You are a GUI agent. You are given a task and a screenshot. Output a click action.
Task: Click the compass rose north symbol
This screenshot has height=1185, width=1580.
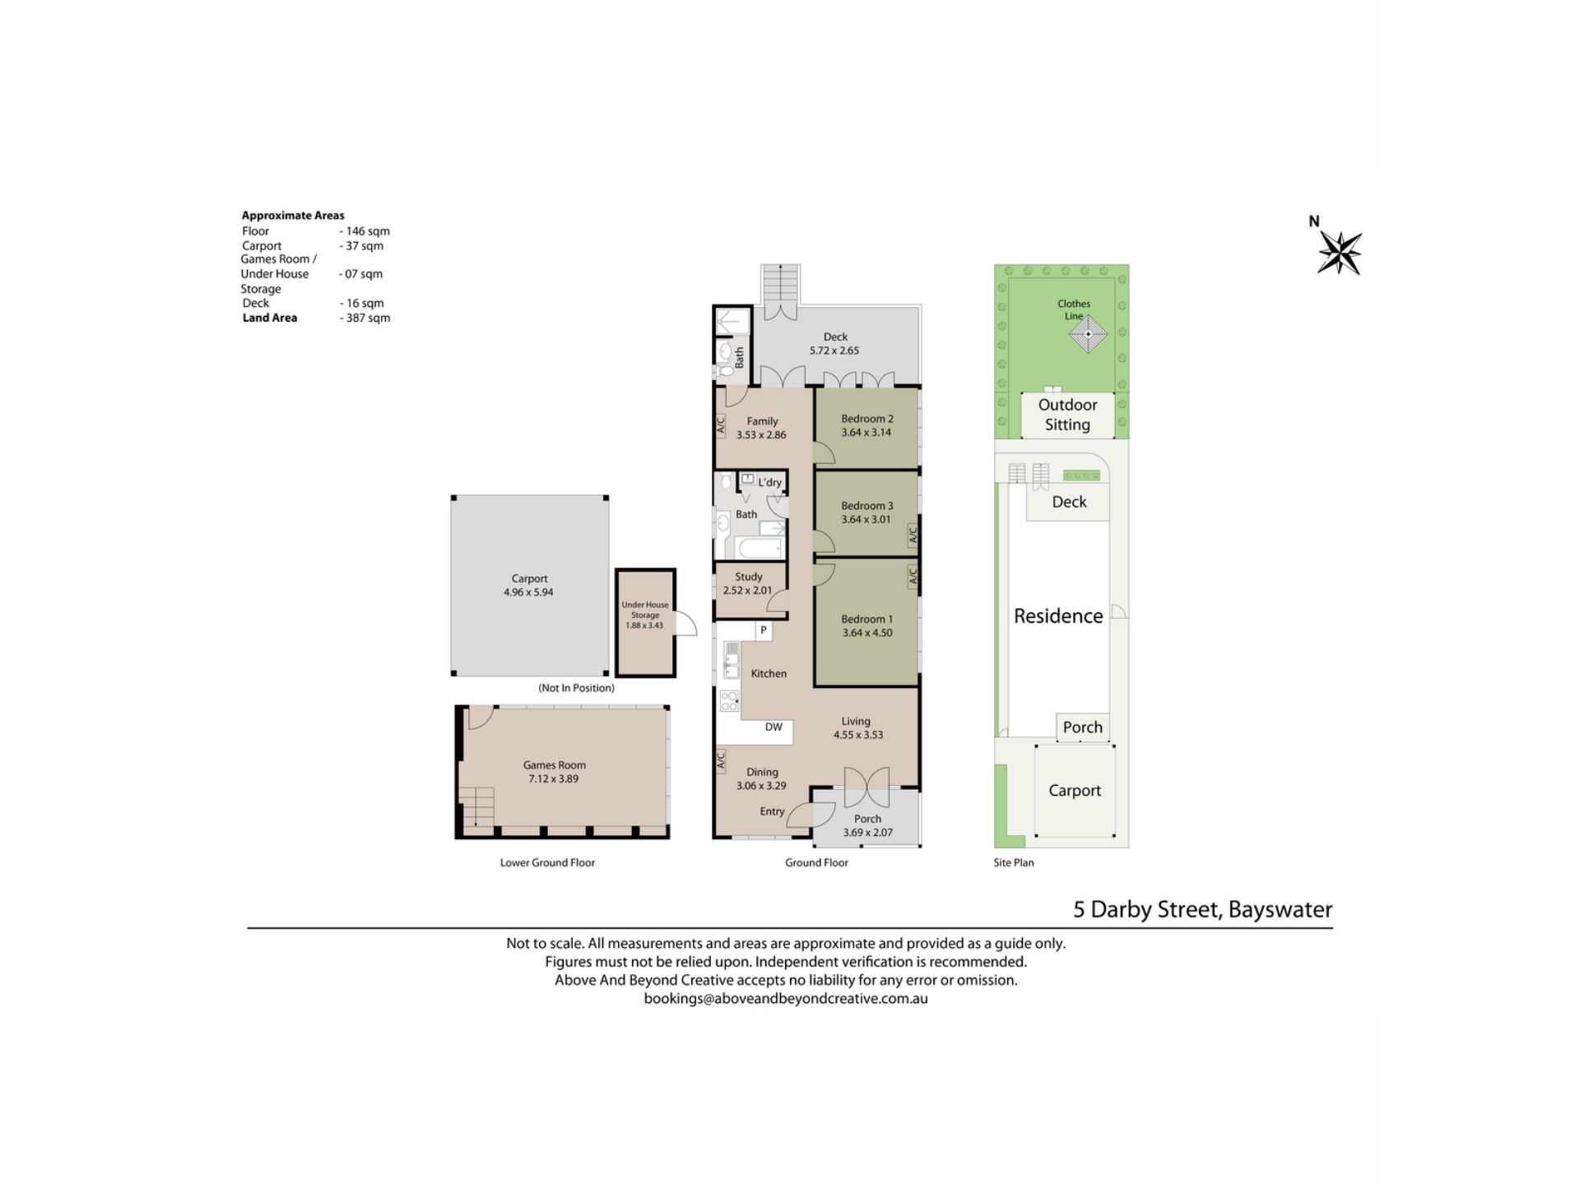coord(1339,253)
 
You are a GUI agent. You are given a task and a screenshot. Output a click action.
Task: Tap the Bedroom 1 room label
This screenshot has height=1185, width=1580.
coord(867,619)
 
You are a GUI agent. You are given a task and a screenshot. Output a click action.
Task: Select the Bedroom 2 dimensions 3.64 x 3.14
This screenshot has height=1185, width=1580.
coord(866,432)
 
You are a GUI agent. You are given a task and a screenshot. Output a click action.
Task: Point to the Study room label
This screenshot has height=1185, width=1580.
coord(749,577)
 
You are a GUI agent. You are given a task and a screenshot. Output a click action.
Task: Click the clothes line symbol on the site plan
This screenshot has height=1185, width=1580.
coord(1088,334)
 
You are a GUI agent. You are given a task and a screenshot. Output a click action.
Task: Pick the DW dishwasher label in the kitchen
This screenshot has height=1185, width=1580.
coord(774,727)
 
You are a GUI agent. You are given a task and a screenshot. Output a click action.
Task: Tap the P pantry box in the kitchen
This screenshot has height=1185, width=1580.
coord(764,630)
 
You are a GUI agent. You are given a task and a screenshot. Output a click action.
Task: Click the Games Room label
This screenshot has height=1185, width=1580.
coord(555,765)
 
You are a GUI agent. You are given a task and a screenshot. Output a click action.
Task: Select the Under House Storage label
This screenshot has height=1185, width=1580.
coord(645,610)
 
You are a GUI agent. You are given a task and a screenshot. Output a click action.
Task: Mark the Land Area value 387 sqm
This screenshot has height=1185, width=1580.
coord(365,318)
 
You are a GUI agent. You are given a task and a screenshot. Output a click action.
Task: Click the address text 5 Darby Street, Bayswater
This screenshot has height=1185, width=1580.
coord(1202,909)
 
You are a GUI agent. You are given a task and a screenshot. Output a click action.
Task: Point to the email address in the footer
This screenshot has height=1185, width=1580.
coord(786,999)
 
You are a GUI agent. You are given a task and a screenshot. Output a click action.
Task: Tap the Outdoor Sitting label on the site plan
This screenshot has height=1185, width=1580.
coord(1067,415)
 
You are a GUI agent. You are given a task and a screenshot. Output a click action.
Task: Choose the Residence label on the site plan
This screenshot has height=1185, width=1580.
coord(1058,616)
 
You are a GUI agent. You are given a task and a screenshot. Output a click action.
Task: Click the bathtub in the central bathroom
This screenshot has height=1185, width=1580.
coord(758,548)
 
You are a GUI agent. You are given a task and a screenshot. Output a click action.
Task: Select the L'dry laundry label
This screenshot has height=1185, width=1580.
coord(769,482)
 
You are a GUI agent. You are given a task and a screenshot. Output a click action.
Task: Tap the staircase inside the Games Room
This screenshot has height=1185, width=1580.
coord(477,807)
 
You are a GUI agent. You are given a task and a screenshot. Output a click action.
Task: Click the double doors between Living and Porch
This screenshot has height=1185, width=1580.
coord(867,788)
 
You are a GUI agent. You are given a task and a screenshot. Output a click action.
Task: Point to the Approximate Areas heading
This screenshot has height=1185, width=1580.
coord(293,216)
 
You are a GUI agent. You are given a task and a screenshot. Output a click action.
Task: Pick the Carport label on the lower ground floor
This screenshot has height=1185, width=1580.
coord(529,579)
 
